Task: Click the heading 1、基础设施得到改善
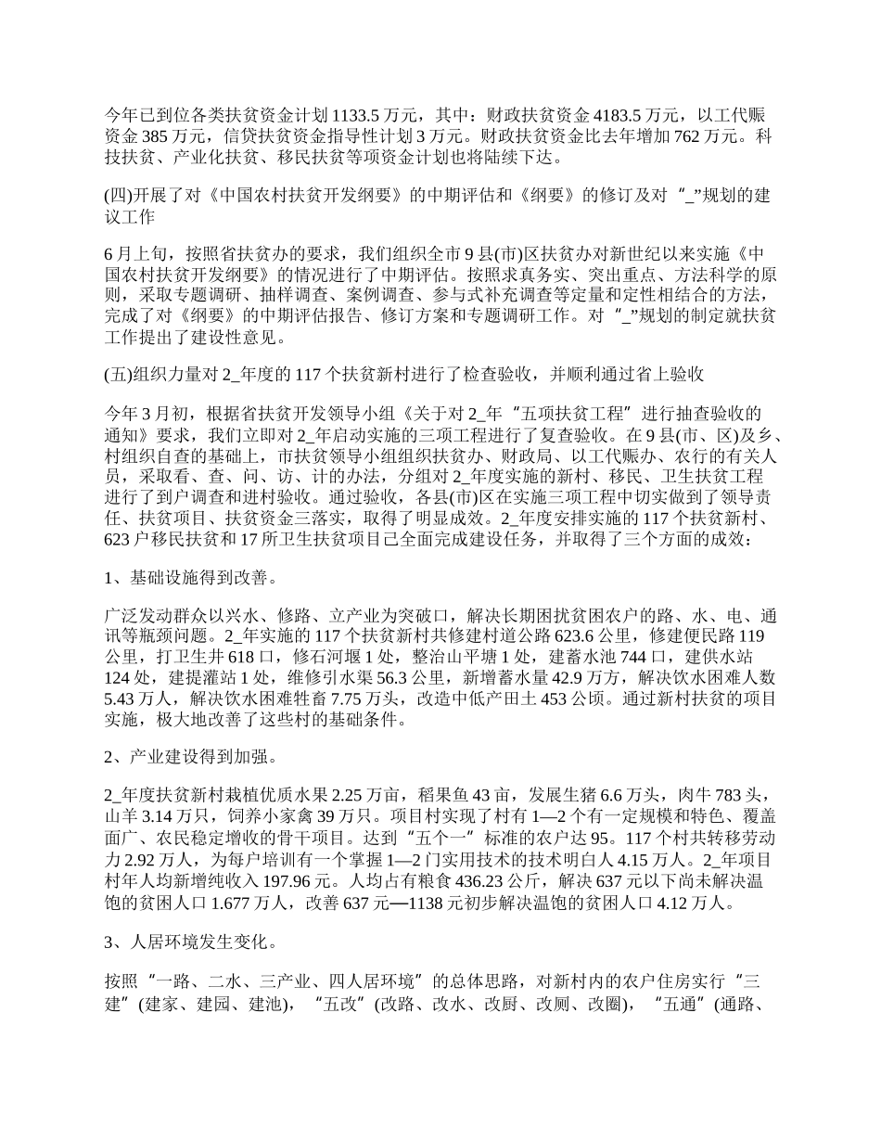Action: (189, 578)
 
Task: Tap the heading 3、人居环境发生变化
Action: (189, 943)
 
